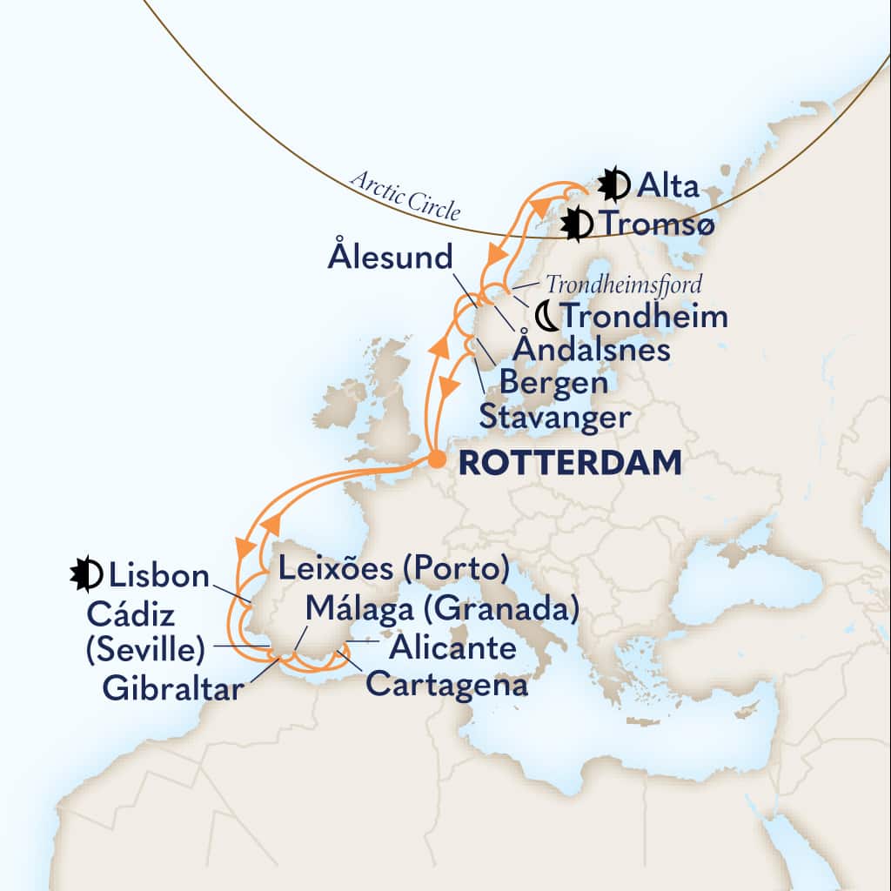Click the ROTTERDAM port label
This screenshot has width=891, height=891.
570,464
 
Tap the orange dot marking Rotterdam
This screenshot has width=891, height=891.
437,461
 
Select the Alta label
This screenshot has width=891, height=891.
667,184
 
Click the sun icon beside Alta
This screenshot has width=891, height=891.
613,184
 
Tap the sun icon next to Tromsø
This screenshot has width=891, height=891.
576,224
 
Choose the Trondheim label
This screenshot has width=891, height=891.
645,316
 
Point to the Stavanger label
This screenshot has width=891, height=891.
554,418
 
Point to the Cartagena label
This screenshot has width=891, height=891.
446,684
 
